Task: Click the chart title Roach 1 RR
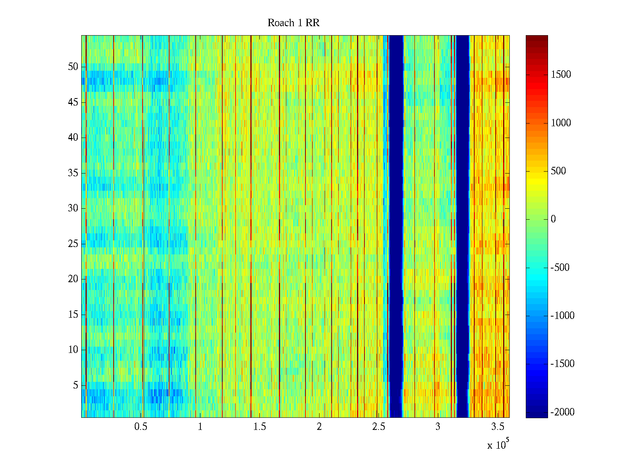[293, 23]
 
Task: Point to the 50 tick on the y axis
[73, 67]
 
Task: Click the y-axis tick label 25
[73, 244]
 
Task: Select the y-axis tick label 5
[75, 385]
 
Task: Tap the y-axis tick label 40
[73, 138]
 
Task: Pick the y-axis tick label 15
[73, 315]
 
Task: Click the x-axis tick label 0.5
[141, 427]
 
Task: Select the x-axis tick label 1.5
[259, 427]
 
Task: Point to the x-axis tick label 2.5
[379, 427]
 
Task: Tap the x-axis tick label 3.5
[497, 427]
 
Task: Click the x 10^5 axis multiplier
[498, 445]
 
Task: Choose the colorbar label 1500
[561, 75]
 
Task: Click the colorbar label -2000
[562, 412]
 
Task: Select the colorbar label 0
[553, 219]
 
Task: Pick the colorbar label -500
[560, 268]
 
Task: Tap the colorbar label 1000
[561, 123]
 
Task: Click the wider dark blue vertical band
[396, 227]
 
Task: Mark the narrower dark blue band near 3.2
[462, 227]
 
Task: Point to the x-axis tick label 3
[437, 427]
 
